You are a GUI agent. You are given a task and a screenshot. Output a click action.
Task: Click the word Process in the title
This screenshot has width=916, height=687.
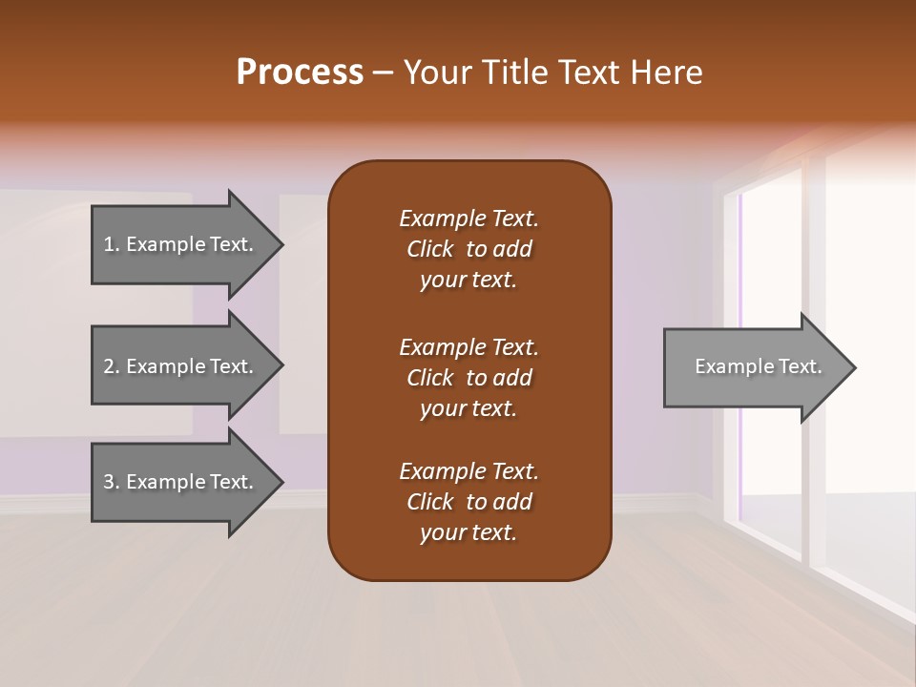(300, 73)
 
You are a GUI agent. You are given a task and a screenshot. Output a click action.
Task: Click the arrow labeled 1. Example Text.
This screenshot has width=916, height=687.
(178, 244)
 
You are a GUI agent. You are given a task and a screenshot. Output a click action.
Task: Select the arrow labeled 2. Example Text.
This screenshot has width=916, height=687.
(178, 366)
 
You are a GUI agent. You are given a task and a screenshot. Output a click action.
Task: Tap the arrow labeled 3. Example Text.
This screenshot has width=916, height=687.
(178, 482)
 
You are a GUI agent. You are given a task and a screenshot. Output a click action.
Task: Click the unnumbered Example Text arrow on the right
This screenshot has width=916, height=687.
(758, 367)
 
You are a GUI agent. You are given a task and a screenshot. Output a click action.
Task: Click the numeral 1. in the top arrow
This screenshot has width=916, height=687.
(112, 244)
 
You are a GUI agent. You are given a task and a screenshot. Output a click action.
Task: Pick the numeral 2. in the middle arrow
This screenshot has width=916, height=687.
(112, 366)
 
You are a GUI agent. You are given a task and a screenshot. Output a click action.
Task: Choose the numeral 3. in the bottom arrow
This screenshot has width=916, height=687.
(112, 482)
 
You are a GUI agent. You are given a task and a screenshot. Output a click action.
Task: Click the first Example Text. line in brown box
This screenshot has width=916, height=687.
(468, 219)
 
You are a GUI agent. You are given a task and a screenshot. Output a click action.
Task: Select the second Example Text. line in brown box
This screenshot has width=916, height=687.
(468, 347)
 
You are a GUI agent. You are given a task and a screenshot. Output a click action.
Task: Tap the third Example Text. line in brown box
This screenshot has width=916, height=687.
(468, 471)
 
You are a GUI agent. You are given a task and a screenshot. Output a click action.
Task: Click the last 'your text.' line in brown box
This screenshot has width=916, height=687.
(468, 532)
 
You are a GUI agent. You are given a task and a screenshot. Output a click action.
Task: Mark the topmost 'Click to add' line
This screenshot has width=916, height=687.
(468, 249)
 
